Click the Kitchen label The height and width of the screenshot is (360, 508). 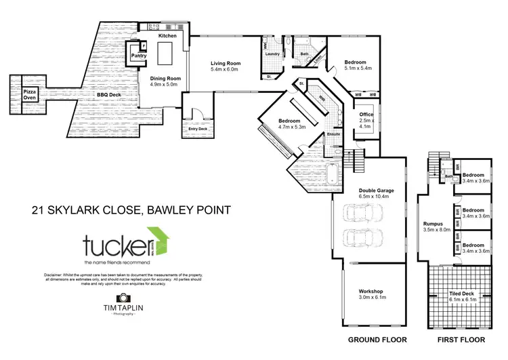tap(167, 35)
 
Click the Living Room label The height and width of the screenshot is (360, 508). tap(226, 63)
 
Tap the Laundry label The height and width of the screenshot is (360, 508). tap(273, 54)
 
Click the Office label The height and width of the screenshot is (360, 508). tap(366, 115)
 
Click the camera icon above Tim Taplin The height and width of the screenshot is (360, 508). tap(123, 298)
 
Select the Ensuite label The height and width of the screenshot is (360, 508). tap(333, 134)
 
